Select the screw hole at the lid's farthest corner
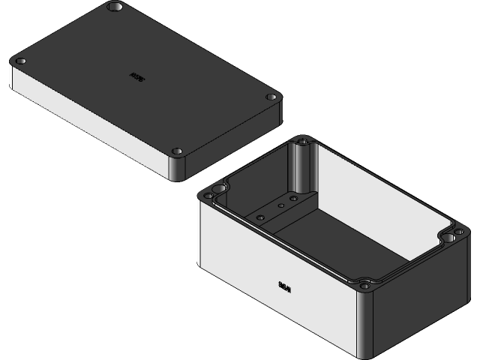point(115,7)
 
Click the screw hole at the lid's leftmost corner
point(21,61)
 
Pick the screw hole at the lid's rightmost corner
point(271,97)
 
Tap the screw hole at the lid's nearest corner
point(178,151)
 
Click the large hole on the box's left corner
point(208,196)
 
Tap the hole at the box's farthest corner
point(303,140)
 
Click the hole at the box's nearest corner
point(365,285)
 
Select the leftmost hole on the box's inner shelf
point(260,217)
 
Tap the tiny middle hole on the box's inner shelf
point(280,204)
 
